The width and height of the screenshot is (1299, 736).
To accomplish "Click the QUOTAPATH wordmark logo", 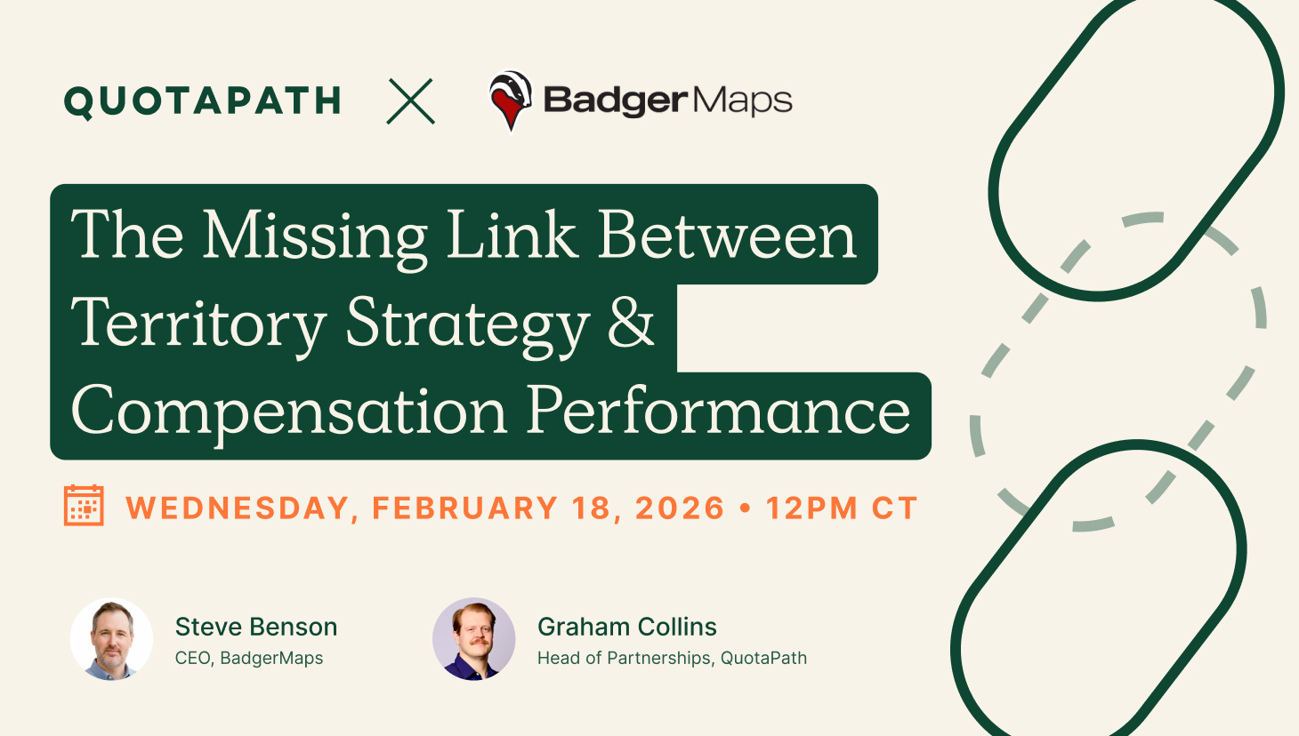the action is click(202, 101).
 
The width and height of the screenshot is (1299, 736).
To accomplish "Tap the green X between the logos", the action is click(410, 101).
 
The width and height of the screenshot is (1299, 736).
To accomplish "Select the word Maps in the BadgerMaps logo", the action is click(742, 101).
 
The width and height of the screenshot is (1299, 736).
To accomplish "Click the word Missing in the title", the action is click(315, 237).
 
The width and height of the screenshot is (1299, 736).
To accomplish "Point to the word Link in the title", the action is click(512, 234).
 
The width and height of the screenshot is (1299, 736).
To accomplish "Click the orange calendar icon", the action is click(85, 506).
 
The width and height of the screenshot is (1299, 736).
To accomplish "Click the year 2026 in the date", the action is click(680, 508).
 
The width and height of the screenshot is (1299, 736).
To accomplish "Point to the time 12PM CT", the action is click(842, 508).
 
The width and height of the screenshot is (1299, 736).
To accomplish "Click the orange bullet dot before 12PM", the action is click(746, 508).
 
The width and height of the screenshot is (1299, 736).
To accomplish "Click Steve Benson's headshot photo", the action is click(111, 639).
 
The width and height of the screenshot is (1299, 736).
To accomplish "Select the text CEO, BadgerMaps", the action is click(249, 659).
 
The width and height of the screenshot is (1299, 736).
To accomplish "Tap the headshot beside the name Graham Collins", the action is click(474, 639).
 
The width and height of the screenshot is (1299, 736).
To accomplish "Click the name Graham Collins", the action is click(627, 627).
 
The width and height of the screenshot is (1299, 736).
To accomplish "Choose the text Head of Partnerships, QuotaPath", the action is click(672, 659).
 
